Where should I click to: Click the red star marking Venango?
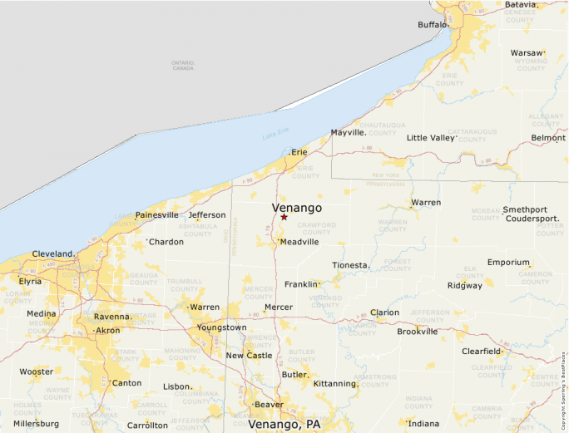click(284, 217)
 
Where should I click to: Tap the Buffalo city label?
click(433, 25)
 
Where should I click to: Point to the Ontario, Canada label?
click(182, 65)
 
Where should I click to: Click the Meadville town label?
click(299, 242)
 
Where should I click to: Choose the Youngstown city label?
click(221, 327)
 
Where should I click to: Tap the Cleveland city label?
click(53, 253)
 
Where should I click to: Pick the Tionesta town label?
click(350, 265)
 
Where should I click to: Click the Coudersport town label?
click(532, 219)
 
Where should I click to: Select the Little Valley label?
click(430, 138)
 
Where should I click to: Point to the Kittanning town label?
click(335, 383)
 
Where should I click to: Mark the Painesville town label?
click(156, 214)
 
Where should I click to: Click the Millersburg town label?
click(36, 423)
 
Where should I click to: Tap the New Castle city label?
click(249, 356)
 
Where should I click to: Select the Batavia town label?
click(521, 5)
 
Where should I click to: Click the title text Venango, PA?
click(284, 424)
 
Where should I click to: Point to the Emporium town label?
click(508, 262)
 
